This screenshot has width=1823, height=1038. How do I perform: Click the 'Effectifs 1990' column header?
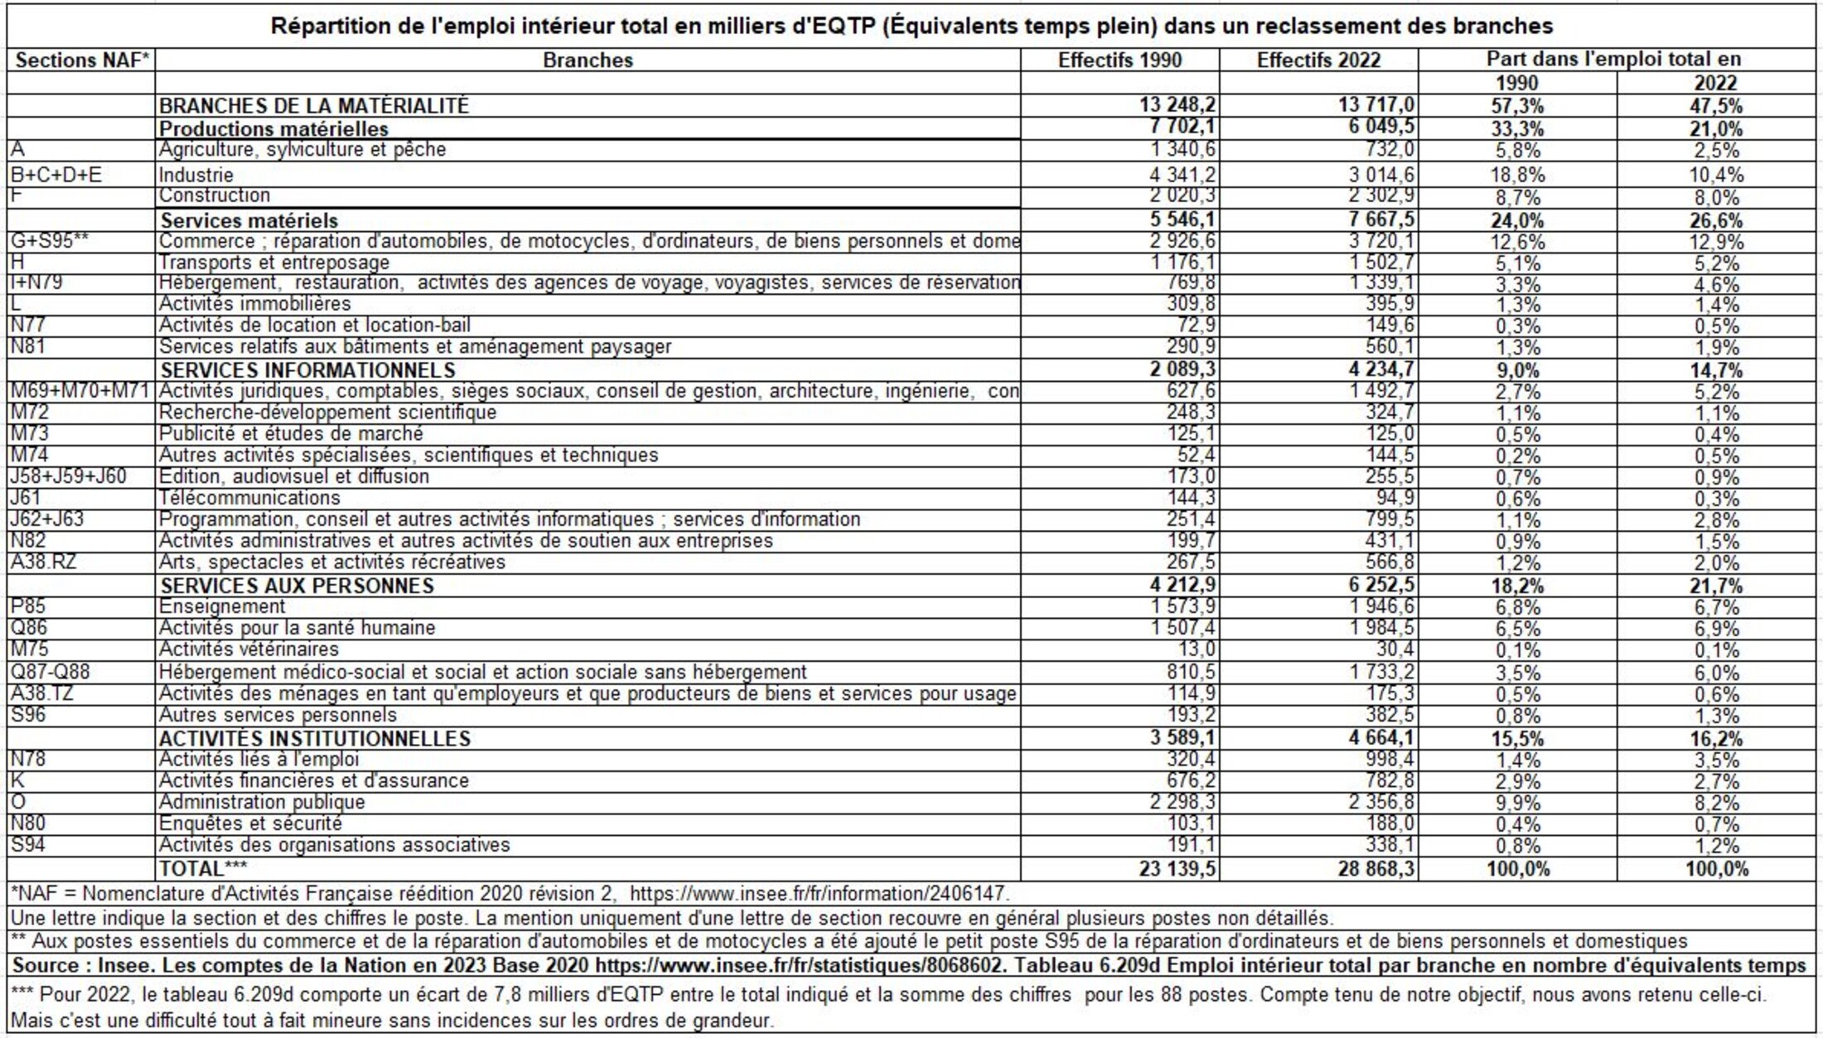coord(1119,60)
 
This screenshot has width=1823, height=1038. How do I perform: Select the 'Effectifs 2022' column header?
coord(1318,60)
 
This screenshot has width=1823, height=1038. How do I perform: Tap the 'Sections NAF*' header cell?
coord(81,60)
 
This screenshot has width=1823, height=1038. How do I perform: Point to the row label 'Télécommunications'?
coord(249,498)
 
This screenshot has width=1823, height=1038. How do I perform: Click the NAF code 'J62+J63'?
coord(47,519)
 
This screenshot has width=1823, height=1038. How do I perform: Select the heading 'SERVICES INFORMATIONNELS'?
coord(307,369)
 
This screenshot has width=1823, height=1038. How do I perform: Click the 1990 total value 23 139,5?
coord(1176,869)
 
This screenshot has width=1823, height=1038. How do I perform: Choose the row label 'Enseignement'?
coord(222,607)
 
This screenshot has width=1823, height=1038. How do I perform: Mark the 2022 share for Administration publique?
coord(1715,804)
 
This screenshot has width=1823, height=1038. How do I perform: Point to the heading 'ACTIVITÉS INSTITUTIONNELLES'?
coord(315,739)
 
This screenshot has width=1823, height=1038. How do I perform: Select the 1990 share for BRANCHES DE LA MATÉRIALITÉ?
coord(1516,106)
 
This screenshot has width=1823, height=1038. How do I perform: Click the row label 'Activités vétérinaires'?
coord(249,649)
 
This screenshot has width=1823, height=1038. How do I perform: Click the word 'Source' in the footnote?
coord(46,966)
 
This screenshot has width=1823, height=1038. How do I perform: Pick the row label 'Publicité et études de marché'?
coord(291,433)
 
